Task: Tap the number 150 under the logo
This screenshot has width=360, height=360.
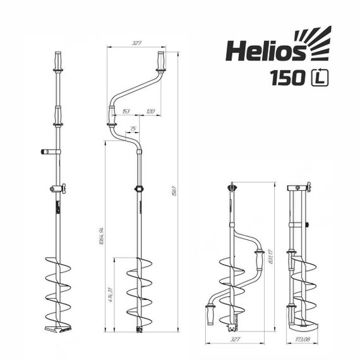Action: (288, 78)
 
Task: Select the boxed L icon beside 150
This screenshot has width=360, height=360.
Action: (320, 78)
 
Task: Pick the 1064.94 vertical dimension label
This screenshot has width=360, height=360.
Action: (102, 237)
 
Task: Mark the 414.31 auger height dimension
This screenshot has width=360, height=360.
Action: (111, 294)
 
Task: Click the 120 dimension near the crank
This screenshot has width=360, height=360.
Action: (150, 111)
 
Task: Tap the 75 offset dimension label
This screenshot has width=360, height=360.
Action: (133, 129)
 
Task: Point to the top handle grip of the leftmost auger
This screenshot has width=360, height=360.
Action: (58, 62)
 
